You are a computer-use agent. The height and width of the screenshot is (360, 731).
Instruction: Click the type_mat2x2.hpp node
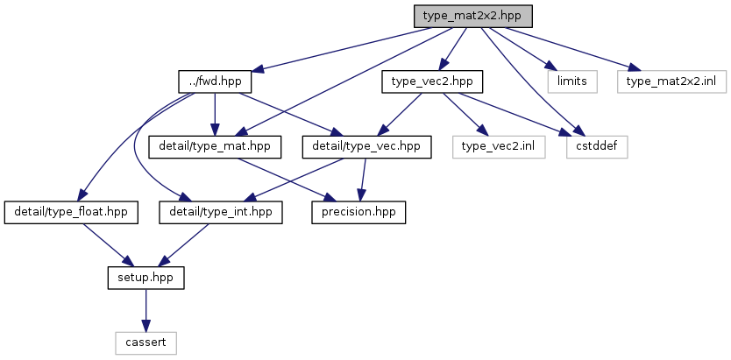pos(473,17)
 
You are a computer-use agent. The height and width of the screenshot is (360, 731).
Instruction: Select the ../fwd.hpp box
pos(215,81)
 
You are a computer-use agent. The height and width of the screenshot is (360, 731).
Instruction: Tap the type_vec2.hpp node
pos(432,81)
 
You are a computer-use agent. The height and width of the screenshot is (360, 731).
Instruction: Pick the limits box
pos(572,81)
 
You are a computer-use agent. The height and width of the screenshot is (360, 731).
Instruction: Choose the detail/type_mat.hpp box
pos(215,146)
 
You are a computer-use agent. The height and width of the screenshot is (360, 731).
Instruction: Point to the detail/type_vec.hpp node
pos(366,146)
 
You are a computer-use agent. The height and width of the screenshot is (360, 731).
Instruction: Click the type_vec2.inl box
pos(499,146)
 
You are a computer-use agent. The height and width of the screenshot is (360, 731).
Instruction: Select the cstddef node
pos(597,146)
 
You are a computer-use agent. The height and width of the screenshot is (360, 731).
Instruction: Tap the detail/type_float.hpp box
pos(71,212)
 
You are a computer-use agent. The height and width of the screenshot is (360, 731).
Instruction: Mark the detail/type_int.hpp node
pos(221,212)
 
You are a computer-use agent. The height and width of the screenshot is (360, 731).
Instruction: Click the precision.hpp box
pos(358,212)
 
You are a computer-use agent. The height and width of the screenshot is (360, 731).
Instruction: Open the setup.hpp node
pos(145,278)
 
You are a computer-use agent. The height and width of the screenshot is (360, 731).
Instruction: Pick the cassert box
pos(145,343)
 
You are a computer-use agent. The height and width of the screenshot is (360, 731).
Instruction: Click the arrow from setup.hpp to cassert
pos(145,310)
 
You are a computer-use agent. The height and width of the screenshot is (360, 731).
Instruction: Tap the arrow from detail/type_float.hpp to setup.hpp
pos(106,245)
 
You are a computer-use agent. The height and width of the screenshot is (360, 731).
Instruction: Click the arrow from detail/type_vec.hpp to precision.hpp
pos(362,180)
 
